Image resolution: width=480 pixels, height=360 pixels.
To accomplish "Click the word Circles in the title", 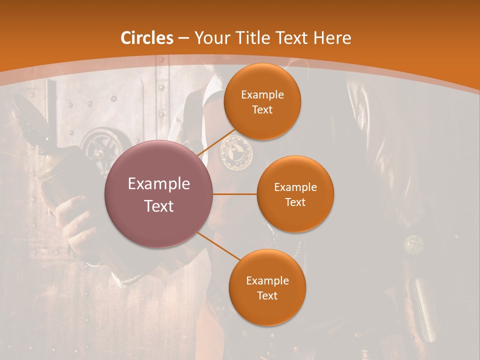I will (x=146, y=38).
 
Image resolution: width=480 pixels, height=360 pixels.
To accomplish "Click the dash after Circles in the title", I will (x=183, y=38).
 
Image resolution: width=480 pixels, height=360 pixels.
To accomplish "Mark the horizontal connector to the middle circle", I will (x=235, y=194).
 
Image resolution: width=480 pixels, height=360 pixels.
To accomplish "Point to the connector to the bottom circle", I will (x=218, y=246).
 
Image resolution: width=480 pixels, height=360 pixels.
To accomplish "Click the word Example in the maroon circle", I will (x=159, y=183).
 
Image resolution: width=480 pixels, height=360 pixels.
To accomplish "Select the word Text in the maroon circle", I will (x=159, y=205).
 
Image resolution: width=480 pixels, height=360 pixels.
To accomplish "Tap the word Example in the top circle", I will (x=262, y=94).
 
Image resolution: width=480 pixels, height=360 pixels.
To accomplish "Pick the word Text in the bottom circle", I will (x=267, y=295).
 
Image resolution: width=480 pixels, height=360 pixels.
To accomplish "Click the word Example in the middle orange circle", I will (x=295, y=187).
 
